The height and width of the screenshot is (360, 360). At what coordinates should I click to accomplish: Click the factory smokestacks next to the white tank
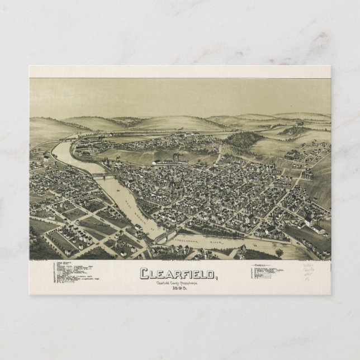click(x=176, y=157)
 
